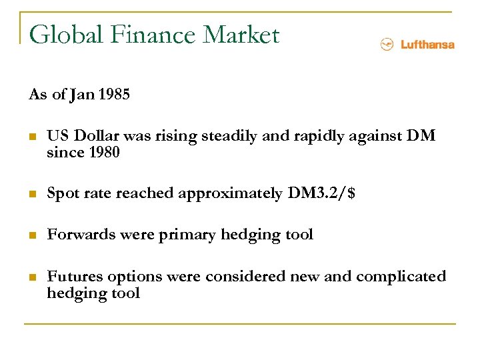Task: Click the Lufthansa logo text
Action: (427, 45)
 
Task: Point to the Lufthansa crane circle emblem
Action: (387, 45)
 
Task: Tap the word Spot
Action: (63, 194)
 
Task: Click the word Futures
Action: (72, 277)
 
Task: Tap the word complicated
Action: (401, 277)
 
